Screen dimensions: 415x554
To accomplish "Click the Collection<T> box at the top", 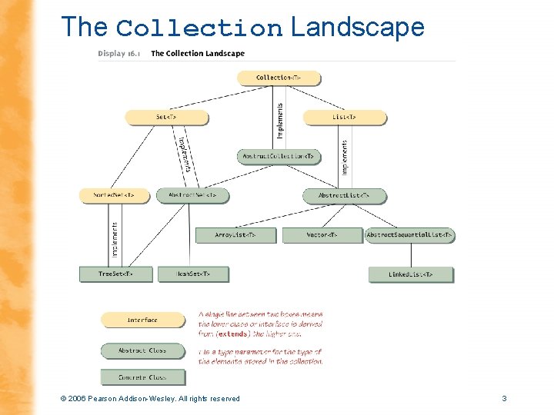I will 278,78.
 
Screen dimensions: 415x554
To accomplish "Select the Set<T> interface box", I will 166,117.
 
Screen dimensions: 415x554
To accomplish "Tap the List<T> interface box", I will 344,117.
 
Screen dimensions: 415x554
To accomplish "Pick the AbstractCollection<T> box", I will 278,156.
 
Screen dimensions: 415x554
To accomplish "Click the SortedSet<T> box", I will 113,195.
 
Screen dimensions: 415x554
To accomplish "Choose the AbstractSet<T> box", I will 192,195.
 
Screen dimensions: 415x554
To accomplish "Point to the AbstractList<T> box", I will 344,195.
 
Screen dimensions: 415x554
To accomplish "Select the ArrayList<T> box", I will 235,234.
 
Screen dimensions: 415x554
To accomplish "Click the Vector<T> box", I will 322,234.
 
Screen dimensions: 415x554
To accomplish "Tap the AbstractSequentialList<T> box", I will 410,234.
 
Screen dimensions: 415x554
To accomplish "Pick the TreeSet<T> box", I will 115,274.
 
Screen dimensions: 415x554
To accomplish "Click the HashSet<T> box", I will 192,274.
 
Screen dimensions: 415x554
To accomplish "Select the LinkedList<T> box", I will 410,274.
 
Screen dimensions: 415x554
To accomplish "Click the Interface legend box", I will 142,320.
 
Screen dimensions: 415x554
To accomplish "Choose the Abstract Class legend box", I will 142,350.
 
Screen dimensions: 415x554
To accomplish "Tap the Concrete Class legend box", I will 142,377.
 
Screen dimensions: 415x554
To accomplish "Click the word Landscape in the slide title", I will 357,28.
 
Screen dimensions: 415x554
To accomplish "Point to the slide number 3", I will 504,398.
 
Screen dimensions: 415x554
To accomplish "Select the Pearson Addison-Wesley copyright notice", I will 150,398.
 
